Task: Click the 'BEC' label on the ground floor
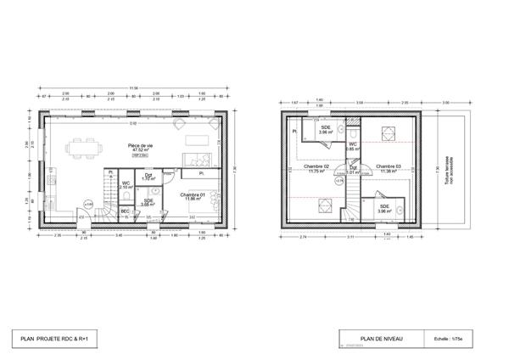[x=125, y=211]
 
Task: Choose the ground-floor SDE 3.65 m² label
[x=148, y=203]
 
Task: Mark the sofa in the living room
[x=199, y=160]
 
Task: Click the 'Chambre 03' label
[x=389, y=168]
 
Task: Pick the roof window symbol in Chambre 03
[x=392, y=132]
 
